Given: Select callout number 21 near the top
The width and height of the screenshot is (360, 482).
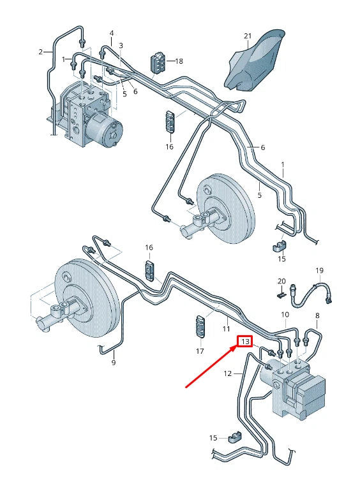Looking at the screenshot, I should click(248, 36).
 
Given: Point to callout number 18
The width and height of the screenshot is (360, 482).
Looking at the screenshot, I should click(179, 61).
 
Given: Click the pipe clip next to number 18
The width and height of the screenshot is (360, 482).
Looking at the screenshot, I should click(157, 62).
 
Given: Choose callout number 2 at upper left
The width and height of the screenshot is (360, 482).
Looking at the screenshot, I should click(41, 52).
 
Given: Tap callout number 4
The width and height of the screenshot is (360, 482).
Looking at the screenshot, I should click(112, 33).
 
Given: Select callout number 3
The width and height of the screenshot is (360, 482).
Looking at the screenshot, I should click(121, 45).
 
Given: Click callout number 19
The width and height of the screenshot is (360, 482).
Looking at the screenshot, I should click(320, 270).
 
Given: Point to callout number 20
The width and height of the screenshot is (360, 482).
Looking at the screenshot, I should click(281, 281).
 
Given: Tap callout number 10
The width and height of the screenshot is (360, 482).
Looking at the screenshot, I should click(285, 315).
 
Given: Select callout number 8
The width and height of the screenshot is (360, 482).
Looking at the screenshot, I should click(317, 315).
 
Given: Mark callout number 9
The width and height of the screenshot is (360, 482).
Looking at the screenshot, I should click(114, 363).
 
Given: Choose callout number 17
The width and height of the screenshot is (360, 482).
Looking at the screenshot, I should click(200, 351).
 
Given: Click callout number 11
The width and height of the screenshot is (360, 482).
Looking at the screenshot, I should click(225, 329).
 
